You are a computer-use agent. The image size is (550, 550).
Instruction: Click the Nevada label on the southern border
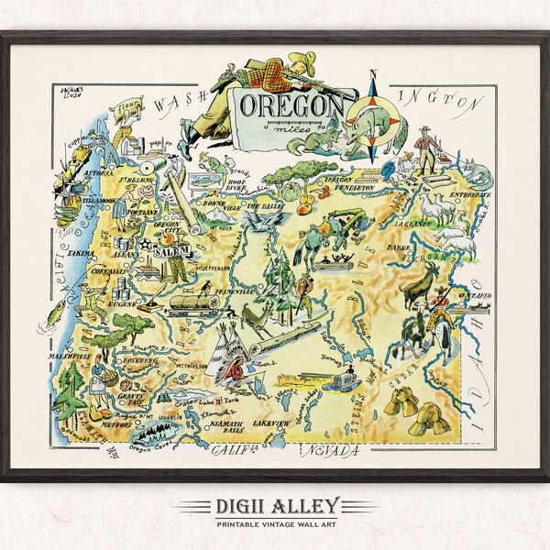tap(324, 451)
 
